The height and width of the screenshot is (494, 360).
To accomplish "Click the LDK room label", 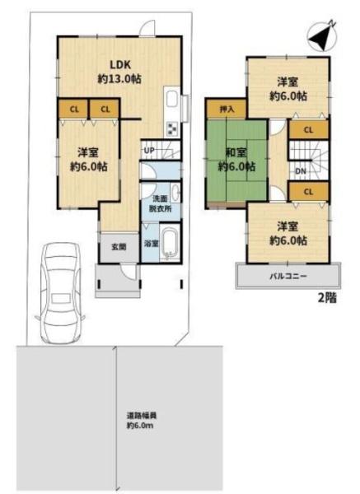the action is coord(120,64).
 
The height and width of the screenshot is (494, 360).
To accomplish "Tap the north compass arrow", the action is coord(322,36).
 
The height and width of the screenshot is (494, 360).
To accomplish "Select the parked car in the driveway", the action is coord(60,293).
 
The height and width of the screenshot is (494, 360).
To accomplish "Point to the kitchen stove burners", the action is coord(172,129).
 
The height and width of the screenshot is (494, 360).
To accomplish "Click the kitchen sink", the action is coord(172,100).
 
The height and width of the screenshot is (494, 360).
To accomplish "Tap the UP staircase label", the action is coord(149,151).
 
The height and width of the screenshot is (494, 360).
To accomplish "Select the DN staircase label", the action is coord(301,171).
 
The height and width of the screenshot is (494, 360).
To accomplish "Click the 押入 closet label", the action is coord(227,110).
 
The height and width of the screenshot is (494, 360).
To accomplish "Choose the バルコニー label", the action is coord(288,277).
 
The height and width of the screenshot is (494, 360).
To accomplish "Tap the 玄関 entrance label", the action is coord(119,247).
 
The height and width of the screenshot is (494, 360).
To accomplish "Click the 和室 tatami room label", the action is coord(236,153).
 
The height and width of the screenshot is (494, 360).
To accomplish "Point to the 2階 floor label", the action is coord(327,298).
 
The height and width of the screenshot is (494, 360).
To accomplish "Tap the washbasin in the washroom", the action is coord(175,192).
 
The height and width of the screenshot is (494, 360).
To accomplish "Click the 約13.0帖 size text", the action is coord(119,79).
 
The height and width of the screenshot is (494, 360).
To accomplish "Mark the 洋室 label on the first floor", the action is coord(88,153).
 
